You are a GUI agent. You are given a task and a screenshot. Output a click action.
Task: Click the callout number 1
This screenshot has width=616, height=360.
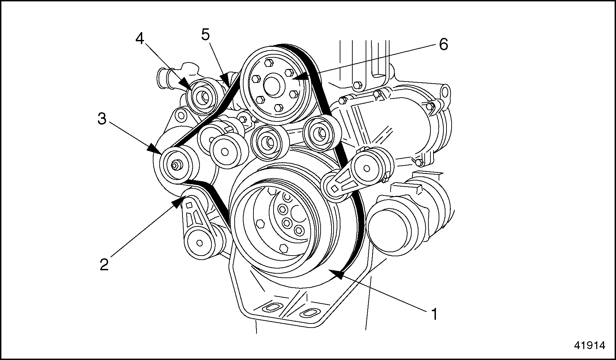click(x=434, y=314)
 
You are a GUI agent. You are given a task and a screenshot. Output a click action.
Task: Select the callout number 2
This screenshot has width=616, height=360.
click(x=104, y=264)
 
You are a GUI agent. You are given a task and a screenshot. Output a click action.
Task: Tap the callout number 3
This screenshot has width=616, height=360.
click(x=102, y=119)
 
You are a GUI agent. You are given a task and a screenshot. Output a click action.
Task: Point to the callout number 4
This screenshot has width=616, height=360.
click(x=140, y=39)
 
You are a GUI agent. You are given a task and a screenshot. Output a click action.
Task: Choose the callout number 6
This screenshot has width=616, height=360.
click(x=443, y=44)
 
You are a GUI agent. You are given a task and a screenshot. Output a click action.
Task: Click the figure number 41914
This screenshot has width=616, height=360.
click(x=589, y=345)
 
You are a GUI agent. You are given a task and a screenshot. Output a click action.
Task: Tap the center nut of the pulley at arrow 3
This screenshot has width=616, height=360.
click(x=176, y=165)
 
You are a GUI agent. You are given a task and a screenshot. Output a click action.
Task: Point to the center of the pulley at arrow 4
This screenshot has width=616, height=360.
click(x=204, y=98)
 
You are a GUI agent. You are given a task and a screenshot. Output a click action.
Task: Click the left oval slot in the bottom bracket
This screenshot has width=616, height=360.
click(x=269, y=308)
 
